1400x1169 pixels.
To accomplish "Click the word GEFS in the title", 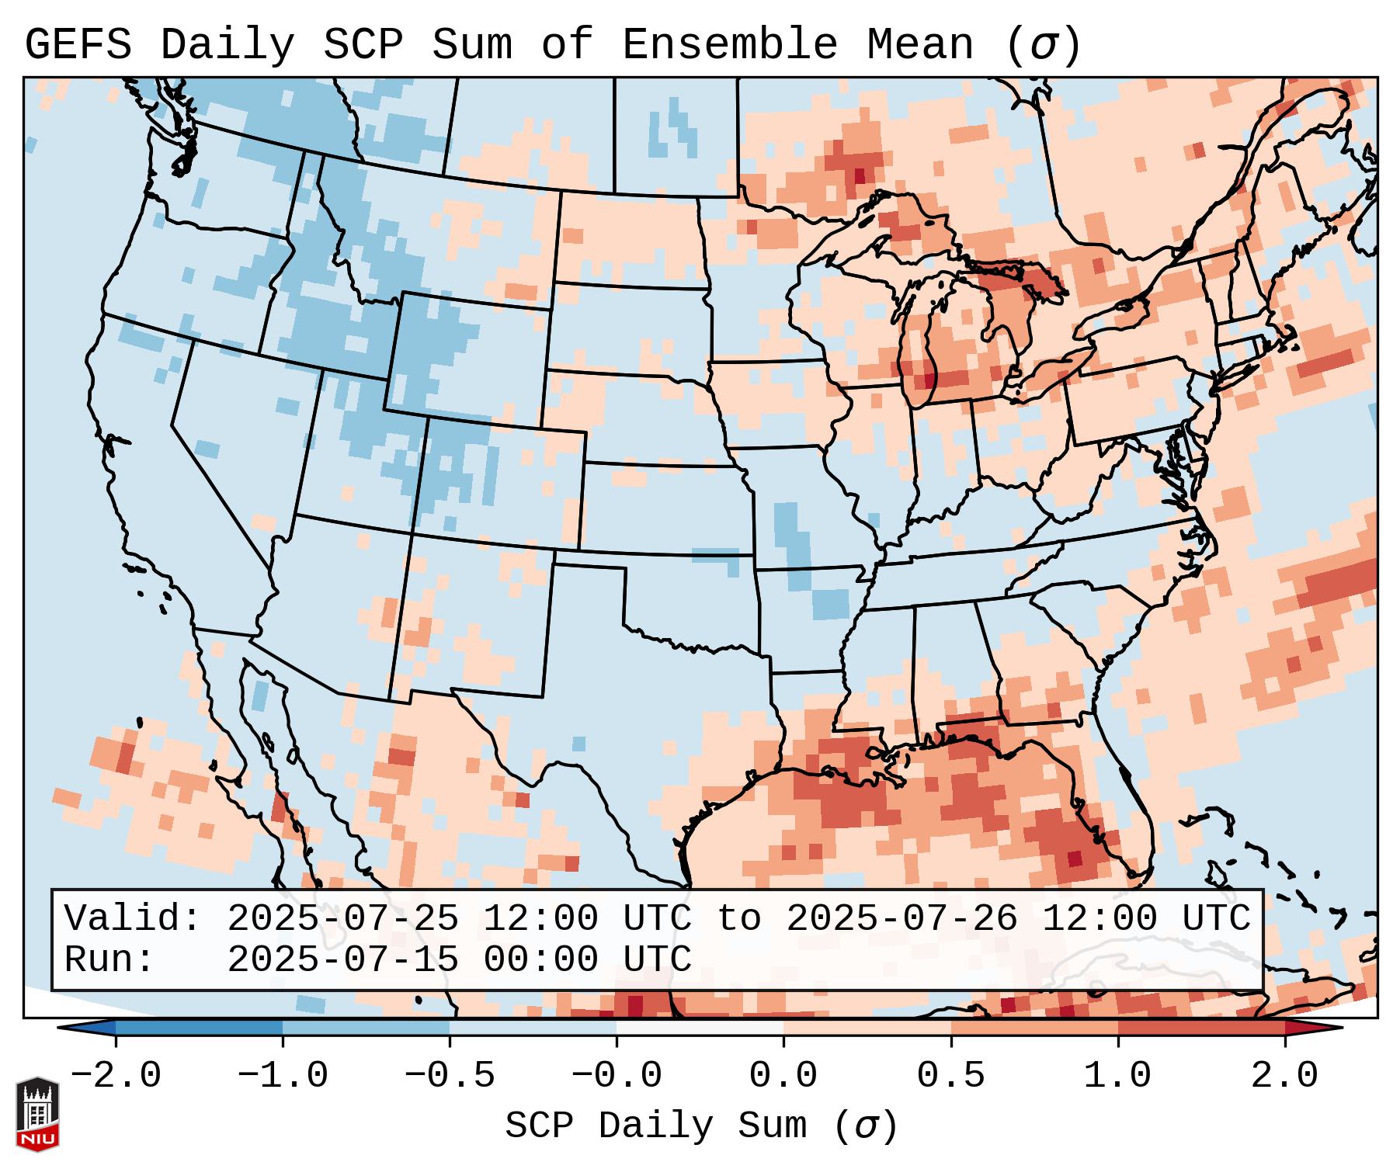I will pyautogui.click(x=78, y=45).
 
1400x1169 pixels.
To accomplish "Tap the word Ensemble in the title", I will pyautogui.click(x=730, y=45).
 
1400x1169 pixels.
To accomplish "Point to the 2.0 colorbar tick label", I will pyautogui.click(x=1284, y=1076).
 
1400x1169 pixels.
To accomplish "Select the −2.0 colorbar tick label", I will pyautogui.click(x=116, y=1076).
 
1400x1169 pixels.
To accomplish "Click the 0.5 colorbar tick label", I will pyautogui.click(x=950, y=1076).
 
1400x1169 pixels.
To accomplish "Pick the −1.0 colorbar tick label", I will pyautogui.click(x=283, y=1076).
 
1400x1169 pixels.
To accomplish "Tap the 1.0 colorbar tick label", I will pyautogui.click(x=1117, y=1076).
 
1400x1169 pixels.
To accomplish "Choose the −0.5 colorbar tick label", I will pyautogui.click(x=450, y=1076).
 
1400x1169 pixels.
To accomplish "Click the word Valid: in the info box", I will pyautogui.click(x=133, y=919).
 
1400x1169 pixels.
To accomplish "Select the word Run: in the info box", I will pyautogui.click(x=109, y=960).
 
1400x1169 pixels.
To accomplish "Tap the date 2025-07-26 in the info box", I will pyautogui.click(x=901, y=919).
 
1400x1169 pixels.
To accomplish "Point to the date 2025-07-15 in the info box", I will pyautogui.click(x=342, y=960).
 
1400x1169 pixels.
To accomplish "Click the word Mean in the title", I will pyautogui.click(x=920, y=45).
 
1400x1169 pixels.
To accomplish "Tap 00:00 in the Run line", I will pyautogui.click(x=540, y=960).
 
